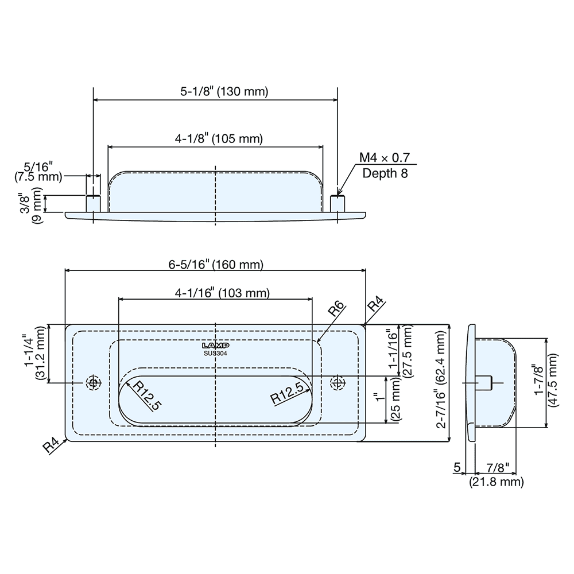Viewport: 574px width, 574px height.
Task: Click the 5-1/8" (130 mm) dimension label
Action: point(216,91)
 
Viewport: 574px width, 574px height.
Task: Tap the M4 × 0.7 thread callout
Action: point(385,158)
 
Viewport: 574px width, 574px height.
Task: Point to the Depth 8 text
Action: point(385,173)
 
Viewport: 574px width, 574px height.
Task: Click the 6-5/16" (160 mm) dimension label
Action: point(216,265)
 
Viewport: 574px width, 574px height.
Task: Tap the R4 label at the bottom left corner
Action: point(52,445)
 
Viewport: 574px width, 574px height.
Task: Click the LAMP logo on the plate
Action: point(216,346)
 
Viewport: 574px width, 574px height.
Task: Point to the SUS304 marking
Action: point(216,353)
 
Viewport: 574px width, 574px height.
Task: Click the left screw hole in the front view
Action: point(92,382)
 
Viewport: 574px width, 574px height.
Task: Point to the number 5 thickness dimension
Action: point(457,468)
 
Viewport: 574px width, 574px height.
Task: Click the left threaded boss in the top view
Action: point(93,203)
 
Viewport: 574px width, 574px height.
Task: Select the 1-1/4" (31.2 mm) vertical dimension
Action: point(35,354)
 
